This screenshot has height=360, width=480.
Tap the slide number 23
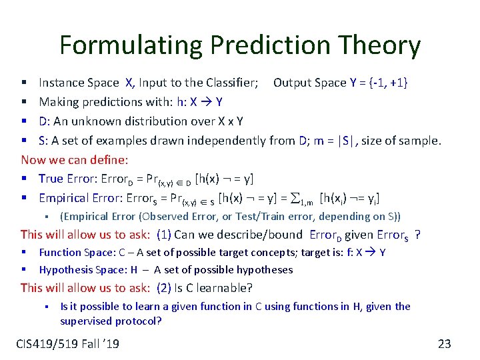pos(444,344)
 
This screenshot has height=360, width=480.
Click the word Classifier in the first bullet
pos(230,83)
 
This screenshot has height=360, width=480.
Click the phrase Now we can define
pos(75,159)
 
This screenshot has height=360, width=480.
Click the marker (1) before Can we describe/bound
pos(164,235)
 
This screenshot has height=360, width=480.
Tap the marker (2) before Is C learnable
pos(164,288)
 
